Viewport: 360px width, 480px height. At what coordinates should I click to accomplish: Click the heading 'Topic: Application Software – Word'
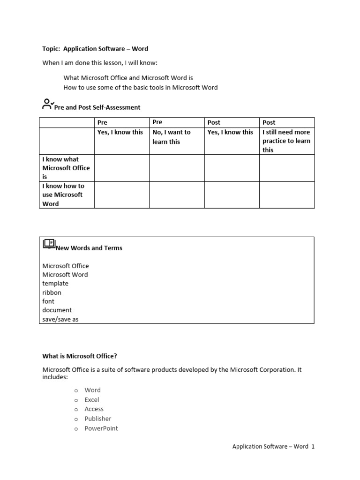pyautogui.click(x=95, y=49)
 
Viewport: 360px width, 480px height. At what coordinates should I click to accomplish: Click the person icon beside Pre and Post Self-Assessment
pyautogui.click(x=47, y=104)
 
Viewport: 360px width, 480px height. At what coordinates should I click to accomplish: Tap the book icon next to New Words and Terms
pyautogui.click(x=49, y=244)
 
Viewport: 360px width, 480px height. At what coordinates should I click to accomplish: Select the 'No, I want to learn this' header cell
pyautogui.click(x=172, y=137)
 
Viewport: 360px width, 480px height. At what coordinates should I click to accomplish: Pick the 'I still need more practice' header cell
pyautogui.click(x=286, y=141)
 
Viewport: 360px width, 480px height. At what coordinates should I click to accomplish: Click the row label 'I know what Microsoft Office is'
pyautogui.click(x=66, y=168)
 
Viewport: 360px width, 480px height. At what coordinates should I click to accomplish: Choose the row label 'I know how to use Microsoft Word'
pyautogui.click(x=64, y=195)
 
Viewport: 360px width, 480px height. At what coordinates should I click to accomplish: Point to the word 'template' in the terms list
pyautogui.click(x=55, y=284)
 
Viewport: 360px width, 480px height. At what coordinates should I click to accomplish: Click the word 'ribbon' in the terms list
pyautogui.click(x=52, y=292)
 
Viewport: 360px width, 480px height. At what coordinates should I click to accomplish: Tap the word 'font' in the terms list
pyautogui.click(x=48, y=301)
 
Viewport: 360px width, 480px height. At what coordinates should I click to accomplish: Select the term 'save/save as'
pyautogui.click(x=60, y=319)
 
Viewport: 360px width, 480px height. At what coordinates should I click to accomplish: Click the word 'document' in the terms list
pyautogui.click(x=57, y=310)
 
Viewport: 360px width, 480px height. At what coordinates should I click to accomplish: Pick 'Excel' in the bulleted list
pyautogui.click(x=92, y=400)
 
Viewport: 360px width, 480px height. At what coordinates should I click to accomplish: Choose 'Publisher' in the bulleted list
pyautogui.click(x=98, y=419)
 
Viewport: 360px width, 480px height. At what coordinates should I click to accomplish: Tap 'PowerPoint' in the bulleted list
pyautogui.click(x=101, y=428)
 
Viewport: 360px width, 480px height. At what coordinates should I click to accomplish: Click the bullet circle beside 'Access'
pyautogui.click(x=76, y=409)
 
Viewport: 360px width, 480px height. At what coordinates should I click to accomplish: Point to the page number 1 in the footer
pyautogui.click(x=313, y=447)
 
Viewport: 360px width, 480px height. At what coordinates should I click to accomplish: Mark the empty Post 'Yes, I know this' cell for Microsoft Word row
pyautogui.click(x=232, y=195)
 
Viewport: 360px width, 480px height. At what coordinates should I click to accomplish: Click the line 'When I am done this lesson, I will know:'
pyautogui.click(x=100, y=63)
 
